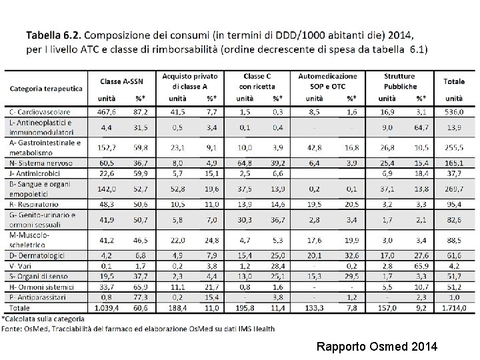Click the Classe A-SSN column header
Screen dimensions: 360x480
pos(125,81)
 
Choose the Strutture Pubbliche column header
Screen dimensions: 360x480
pos(400,81)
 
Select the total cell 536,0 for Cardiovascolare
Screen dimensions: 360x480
pos(455,112)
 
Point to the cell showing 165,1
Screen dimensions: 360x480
pos(455,163)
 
